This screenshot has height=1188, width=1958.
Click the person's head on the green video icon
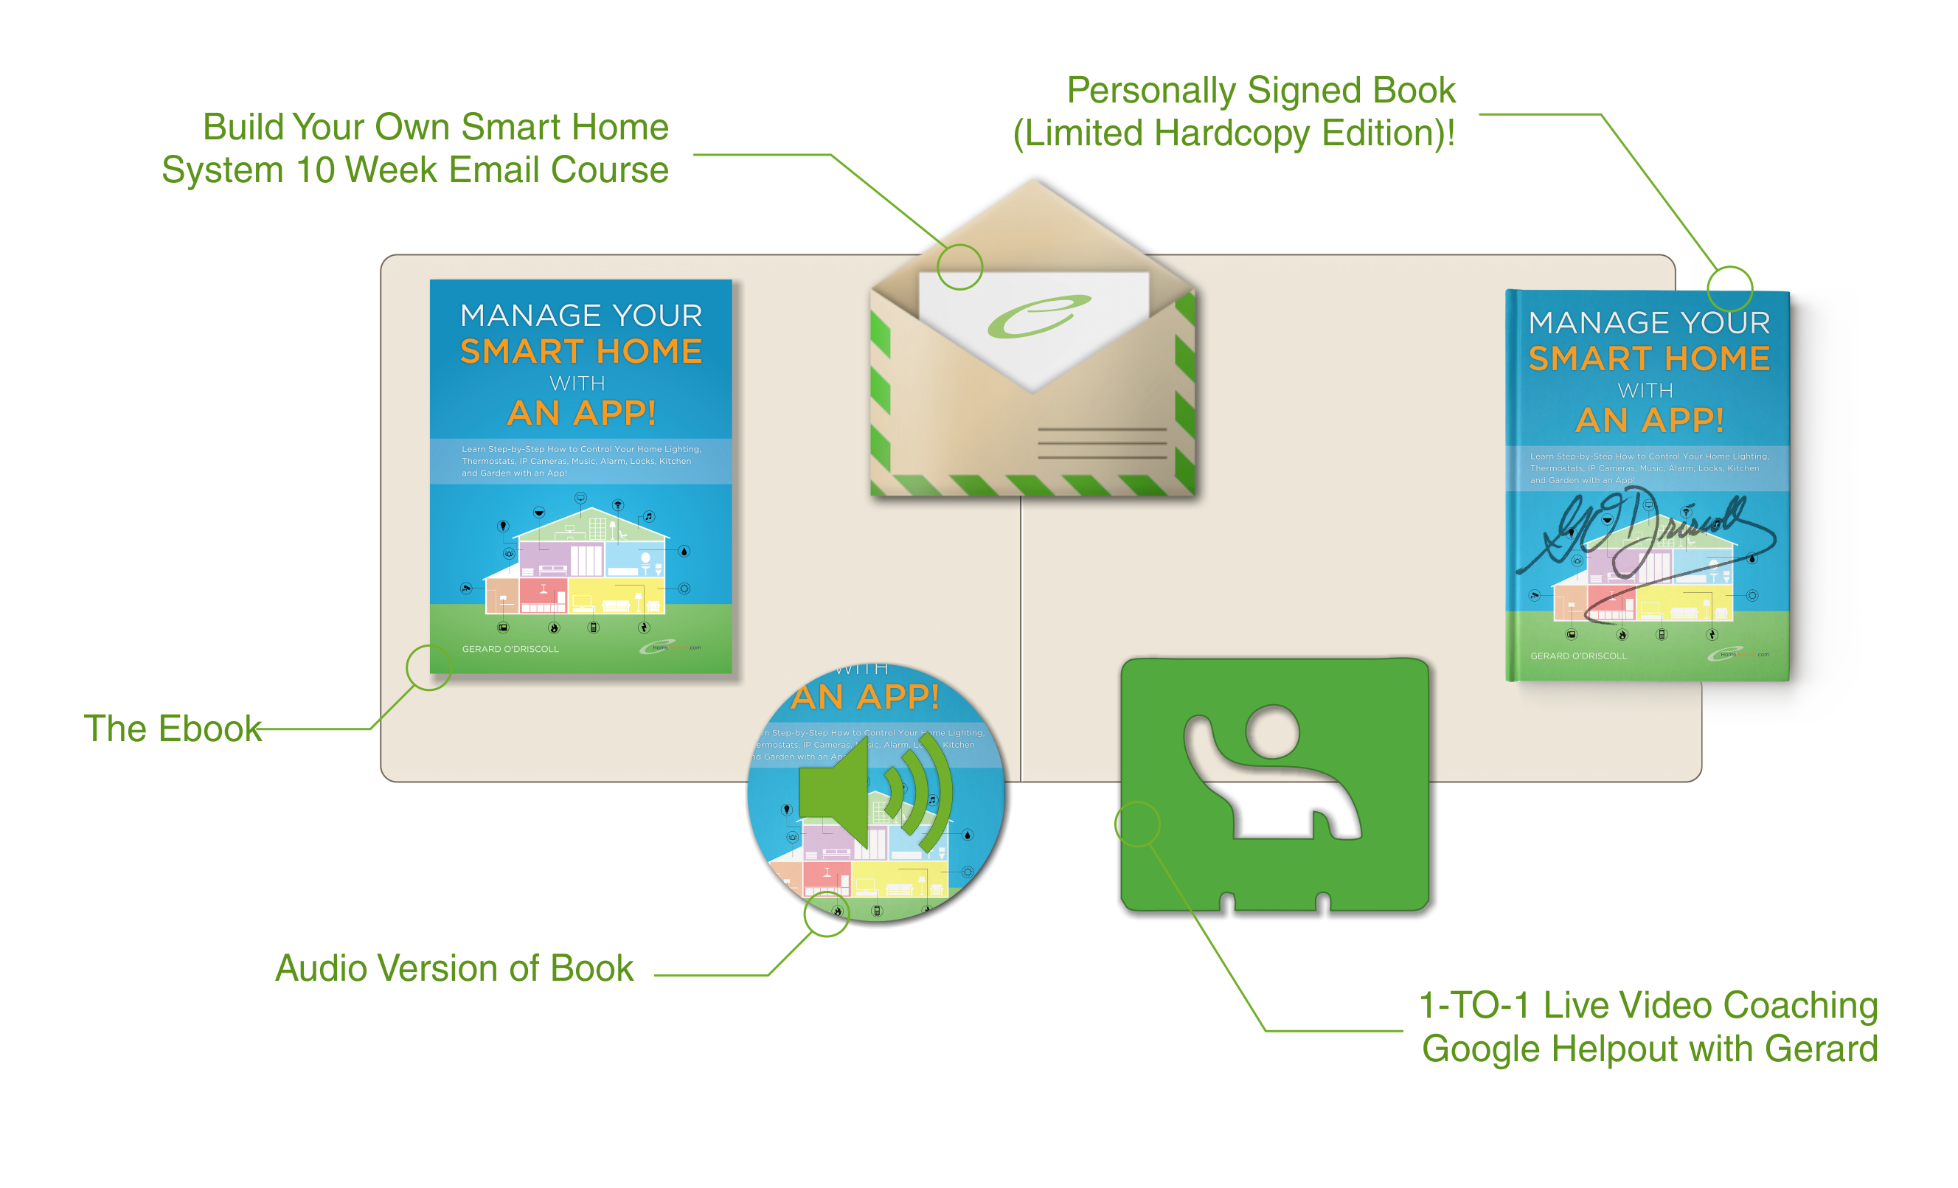tap(1273, 731)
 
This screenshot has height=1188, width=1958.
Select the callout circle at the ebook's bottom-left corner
tap(429, 667)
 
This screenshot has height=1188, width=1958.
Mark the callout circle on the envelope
tap(960, 267)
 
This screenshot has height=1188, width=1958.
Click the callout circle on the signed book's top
tap(1730, 288)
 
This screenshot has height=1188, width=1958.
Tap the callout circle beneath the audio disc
tap(827, 914)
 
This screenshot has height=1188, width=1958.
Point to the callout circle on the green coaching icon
tap(1137, 824)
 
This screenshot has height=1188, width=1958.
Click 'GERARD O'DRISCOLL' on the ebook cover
tap(510, 649)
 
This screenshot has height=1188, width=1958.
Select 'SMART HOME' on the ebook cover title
tap(581, 351)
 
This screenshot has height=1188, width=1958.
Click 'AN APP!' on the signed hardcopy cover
tap(1650, 420)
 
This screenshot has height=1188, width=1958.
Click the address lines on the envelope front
tap(1101, 443)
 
